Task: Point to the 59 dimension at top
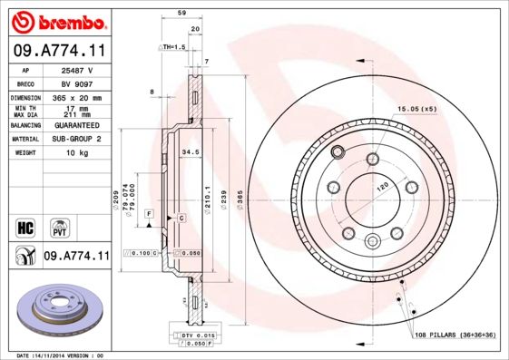click(181, 14)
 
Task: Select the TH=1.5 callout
click(173, 45)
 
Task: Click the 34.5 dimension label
click(190, 151)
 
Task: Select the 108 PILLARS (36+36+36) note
click(454, 336)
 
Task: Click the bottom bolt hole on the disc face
click(372, 241)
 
